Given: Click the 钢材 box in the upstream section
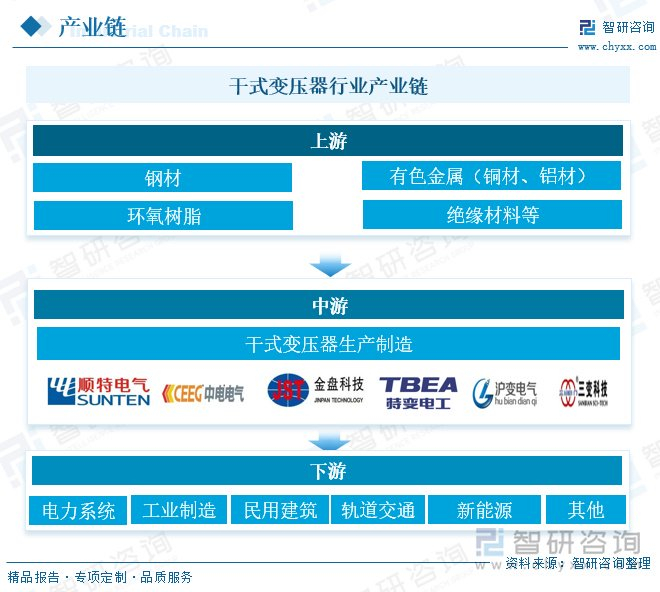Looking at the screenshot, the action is pyautogui.click(x=162, y=178).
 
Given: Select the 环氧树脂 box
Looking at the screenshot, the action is pyautogui.click(x=162, y=215).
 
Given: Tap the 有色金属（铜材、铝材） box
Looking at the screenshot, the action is pyautogui.click(x=491, y=176).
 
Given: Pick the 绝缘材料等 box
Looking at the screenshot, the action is pyautogui.click(x=491, y=214).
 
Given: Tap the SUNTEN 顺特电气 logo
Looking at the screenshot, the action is pyautogui.click(x=100, y=391).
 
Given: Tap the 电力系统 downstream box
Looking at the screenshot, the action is pyautogui.click(x=78, y=510).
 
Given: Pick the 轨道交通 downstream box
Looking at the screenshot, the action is pyautogui.click(x=377, y=510).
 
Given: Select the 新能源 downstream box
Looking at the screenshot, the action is pyautogui.click(x=484, y=510).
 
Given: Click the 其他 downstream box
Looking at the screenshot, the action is pyautogui.click(x=586, y=510).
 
